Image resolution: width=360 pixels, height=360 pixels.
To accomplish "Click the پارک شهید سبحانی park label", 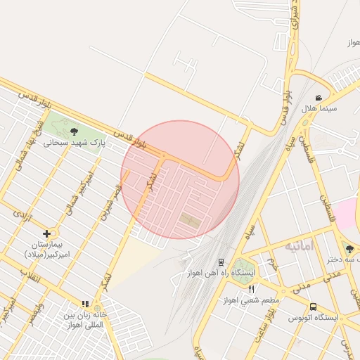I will [74, 142].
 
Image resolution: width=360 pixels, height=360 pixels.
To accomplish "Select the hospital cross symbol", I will [47, 233].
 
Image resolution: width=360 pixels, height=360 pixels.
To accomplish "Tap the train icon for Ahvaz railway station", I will [221, 262].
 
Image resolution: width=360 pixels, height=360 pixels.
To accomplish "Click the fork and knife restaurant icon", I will [252, 289].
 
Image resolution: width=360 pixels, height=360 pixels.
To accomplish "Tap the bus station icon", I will [313, 307].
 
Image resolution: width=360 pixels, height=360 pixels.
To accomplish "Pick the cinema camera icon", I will [319, 98].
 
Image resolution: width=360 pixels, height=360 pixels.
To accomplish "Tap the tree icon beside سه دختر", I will [349, 248].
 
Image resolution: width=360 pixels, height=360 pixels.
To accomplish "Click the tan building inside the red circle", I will [190, 220].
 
